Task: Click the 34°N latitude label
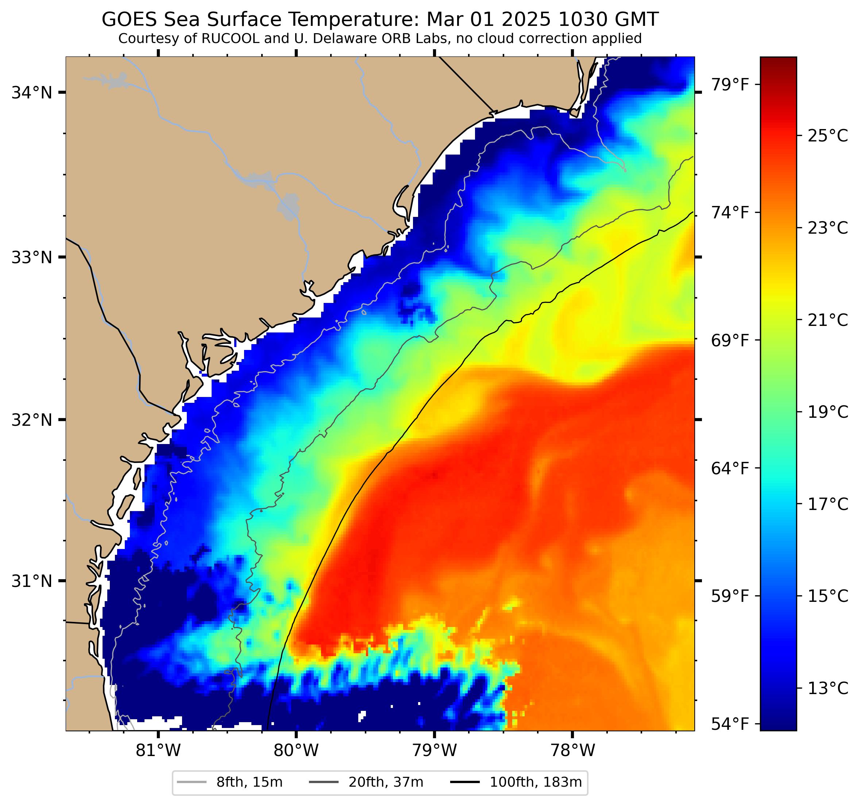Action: pos(31,93)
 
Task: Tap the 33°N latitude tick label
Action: pos(31,258)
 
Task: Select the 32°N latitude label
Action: pos(31,420)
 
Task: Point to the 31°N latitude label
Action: pos(31,581)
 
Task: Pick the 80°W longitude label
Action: pos(296,751)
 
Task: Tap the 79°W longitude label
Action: pos(434,751)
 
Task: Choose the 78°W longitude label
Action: pos(572,751)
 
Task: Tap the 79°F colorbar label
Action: pos(729,85)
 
